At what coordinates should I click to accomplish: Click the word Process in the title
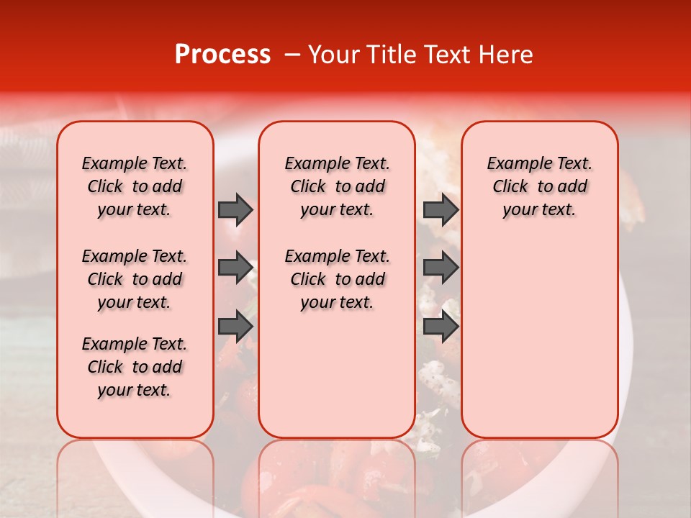222,55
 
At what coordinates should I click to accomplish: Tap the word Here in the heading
506,55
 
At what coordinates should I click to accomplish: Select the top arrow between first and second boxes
235,209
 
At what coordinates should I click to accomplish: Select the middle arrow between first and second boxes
235,268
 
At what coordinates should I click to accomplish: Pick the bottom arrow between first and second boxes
235,327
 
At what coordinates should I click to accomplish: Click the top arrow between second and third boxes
441,209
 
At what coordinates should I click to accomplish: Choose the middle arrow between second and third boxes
441,268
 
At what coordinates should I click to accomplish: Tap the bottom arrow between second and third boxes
441,327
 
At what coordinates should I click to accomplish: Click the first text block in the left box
135,186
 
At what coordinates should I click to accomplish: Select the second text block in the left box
135,279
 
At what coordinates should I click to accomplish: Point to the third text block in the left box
135,367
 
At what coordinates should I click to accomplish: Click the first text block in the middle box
337,186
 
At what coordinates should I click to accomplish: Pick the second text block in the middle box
337,279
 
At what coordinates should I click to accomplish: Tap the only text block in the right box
540,186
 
